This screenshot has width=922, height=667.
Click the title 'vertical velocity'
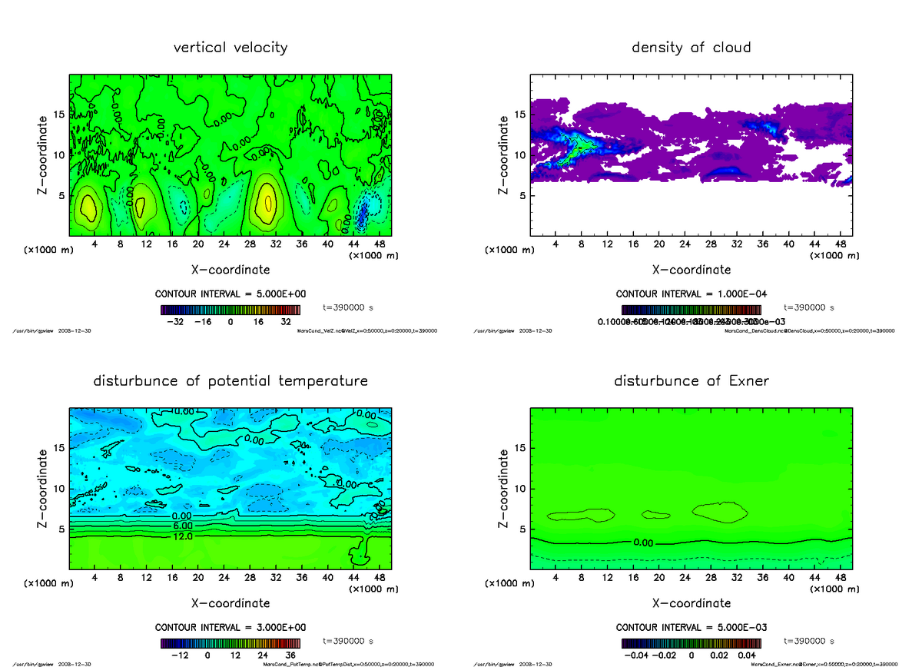tap(230, 48)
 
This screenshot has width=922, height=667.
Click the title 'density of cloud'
tap(691, 48)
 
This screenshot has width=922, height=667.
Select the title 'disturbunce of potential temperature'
tap(230, 381)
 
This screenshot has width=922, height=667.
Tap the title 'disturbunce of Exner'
tap(691, 381)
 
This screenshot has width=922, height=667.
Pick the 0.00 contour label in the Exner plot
tap(644, 543)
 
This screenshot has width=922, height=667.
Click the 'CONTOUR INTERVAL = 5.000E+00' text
tap(231, 294)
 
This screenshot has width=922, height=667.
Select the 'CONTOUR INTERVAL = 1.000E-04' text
tap(692, 294)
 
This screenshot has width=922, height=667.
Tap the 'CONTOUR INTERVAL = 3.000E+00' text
tap(231, 628)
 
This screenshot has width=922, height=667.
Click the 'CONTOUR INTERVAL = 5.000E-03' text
tap(692, 628)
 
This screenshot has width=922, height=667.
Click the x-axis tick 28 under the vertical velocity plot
tap(250, 244)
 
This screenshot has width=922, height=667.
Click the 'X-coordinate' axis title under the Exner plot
tap(691, 603)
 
